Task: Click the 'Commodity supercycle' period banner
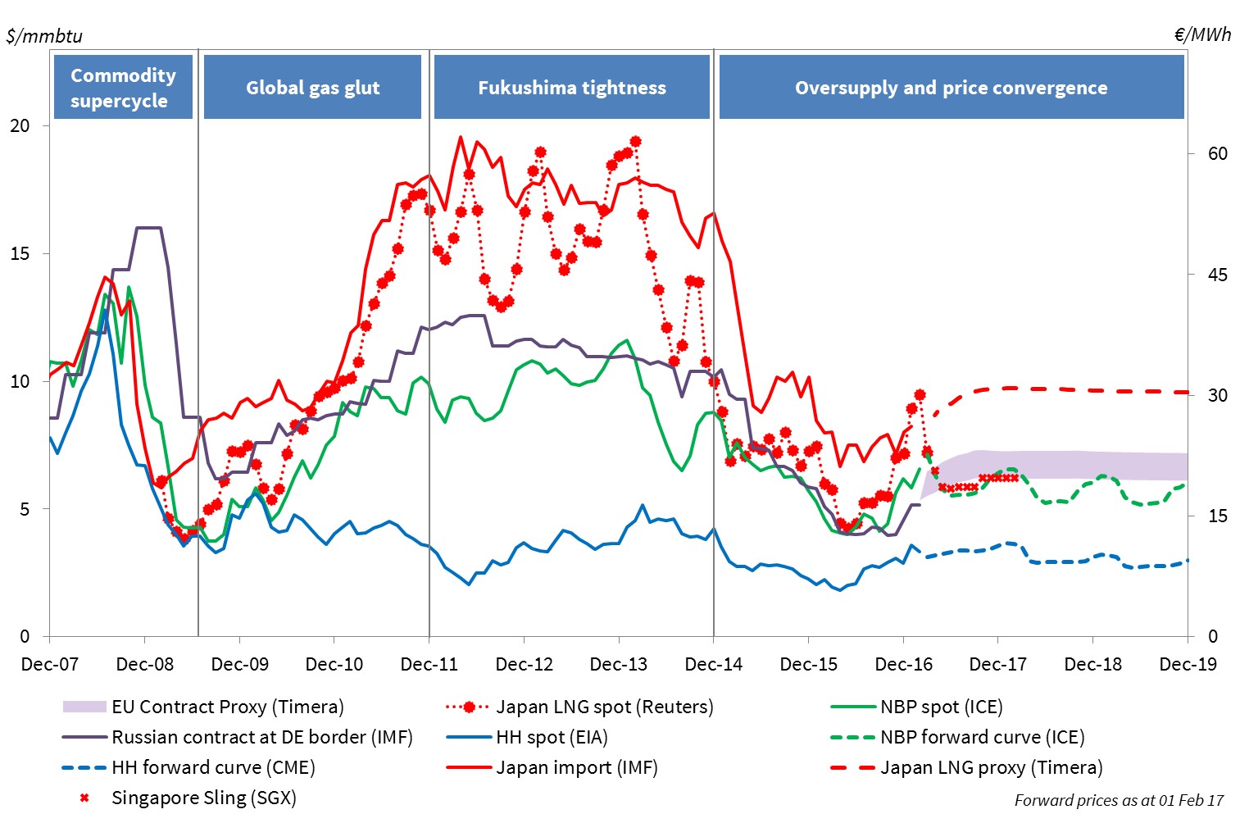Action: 123,88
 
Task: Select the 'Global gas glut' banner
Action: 312,88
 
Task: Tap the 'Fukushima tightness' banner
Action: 571,88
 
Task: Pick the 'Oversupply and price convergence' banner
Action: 951,88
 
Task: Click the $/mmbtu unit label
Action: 44,36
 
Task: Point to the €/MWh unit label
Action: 1202,34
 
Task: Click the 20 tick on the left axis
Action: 20,125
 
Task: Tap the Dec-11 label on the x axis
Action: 429,664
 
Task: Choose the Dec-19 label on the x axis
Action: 1188,664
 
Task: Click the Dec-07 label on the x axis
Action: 50,664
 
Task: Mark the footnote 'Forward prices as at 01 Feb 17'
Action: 1119,800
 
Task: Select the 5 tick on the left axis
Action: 25,509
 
